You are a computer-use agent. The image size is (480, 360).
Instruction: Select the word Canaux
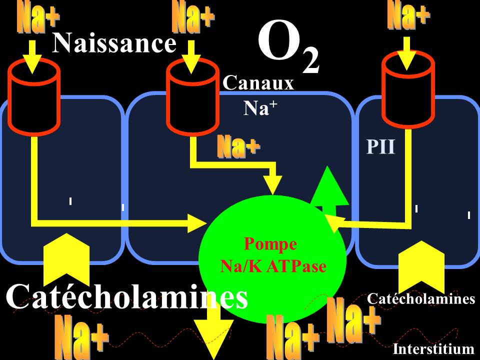(x=258, y=83)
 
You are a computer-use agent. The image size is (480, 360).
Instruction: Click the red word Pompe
(x=270, y=244)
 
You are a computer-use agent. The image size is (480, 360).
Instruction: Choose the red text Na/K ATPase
(x=273, y=266)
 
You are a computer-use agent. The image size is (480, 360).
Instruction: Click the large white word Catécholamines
(x=127, y=297)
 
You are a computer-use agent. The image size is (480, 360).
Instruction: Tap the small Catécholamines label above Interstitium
(x=420, y=299)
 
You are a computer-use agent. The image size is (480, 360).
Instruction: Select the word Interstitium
(x=433, y=348)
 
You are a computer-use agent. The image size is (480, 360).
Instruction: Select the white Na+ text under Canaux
(x=258, y=108)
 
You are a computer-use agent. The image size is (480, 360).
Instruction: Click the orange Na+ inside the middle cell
(x=238, y=147)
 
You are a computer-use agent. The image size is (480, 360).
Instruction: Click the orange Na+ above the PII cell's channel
(x=407, y=16)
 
